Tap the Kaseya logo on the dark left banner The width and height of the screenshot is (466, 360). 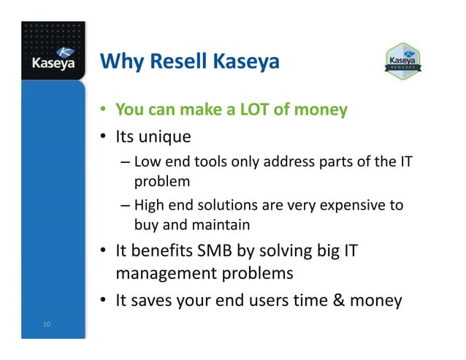tap(53, 58)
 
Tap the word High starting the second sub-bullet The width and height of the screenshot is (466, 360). tap(150, 206)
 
